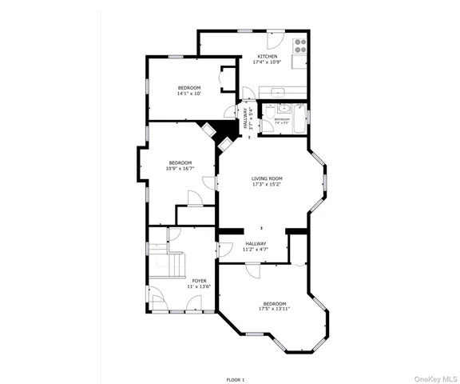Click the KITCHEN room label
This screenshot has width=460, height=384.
coord(267,56)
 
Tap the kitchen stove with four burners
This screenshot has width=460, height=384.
coord(299,45)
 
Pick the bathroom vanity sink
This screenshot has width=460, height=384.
coord(283,108)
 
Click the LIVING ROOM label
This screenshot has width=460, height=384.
coord(267,178)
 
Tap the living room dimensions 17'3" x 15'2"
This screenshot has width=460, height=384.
coord(267,185)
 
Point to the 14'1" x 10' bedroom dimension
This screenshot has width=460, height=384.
coord(189,94)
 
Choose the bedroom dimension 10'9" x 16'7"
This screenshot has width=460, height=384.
coord(180,169)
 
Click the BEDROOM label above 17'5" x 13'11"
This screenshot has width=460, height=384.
coord(275,302)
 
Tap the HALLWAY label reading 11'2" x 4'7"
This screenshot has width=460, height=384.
coord(256,244)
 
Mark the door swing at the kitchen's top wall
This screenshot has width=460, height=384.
coord(276,37)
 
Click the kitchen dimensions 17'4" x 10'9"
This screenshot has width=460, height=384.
coord(267,62)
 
